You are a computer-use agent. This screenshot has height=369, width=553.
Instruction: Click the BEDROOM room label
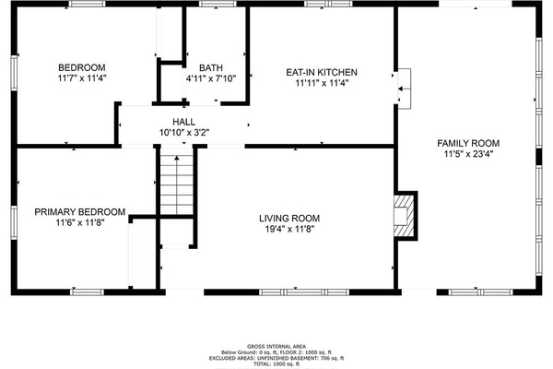click(x=82, y=67)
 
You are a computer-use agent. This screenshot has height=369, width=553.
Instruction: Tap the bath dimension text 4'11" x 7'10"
click(x=211, y=78)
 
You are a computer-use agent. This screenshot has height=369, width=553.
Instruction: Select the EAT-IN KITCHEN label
click(x=322, y=72)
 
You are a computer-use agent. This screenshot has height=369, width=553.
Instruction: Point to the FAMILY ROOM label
click(x=468, y=143)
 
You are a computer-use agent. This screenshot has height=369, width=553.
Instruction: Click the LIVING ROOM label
click(x=289, y=219)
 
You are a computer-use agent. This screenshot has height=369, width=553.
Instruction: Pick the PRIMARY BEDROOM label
click(x=80, y=212)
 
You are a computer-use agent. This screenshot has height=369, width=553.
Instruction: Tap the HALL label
click(x=183, y=122)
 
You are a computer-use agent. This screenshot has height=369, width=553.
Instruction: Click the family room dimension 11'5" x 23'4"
click(x=468, y=154)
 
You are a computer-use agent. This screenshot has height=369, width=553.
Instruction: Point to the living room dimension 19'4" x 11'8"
click(x=289, y=229)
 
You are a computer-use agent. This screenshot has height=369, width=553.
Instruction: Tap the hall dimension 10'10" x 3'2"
click(x=184, y=133)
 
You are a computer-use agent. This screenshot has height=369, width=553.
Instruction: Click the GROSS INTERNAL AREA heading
click(x=276, y=347)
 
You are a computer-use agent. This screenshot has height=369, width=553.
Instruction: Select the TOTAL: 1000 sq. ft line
click(x=276, y=363)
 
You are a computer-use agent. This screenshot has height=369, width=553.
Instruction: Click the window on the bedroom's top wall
click(x=87, y=4)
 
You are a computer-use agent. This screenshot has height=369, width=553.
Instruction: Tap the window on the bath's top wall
click(x=218, y=4)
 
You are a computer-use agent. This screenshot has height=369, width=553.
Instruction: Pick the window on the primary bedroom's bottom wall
click(x=88, y=292)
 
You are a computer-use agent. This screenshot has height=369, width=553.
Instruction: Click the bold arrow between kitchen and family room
click(x=402, y=89)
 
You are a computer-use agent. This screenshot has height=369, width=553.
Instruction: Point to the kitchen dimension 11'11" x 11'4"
click(x=322, y=83)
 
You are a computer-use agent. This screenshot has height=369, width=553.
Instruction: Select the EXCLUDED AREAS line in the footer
click(x=276, y=358)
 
